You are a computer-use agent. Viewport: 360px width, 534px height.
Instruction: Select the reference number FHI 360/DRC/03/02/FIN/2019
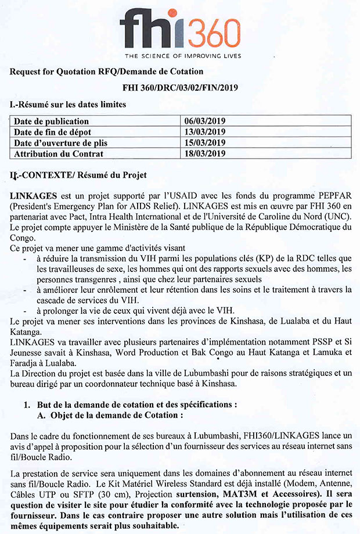pyautogui.click(x=181, y=88)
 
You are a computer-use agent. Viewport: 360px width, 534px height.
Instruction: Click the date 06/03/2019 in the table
pyautogui.click(x=204, y=121)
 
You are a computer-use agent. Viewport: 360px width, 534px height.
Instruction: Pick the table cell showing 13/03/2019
pyautogui.click(x=204, y=132)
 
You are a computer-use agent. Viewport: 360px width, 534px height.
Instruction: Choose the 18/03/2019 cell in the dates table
pyautogui.click(x=204, y=153)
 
